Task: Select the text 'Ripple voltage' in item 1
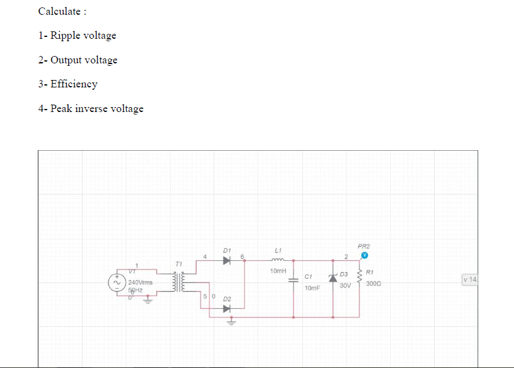point(83,35)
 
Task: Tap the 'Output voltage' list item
point(84,60)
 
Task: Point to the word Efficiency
point(74,84)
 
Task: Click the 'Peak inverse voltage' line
point(97,108)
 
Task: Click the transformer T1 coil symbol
point(179,282)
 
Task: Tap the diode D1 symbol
point(227,260)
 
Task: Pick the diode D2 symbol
point(227,308)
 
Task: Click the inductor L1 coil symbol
point(278,260)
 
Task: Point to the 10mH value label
point(278,271)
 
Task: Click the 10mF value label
point(312,287)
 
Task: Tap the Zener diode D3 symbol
point(333,278)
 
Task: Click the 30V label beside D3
point(345,286)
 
